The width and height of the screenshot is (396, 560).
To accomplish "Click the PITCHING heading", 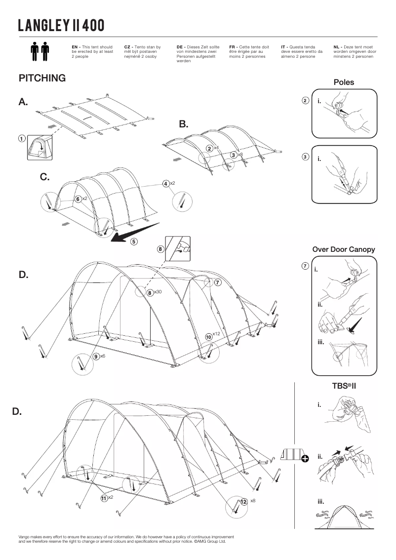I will pyautogui.click(x=42, y=78).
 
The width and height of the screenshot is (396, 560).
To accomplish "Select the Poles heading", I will pyautogui.click(x=344, y=82).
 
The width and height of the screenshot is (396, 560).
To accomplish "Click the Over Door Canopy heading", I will pyautogui.click(x=344, y=249).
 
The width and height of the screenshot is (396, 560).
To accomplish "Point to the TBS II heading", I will pyautogui.click(x=344, y=385).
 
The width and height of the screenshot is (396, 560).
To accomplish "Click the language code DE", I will pyautogui.click(x=180, y=47).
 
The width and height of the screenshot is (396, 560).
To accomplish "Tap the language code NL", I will pyautogui.click(x=337, y=47).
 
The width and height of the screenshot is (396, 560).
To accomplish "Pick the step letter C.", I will pyautogui.click(x=44, y=177).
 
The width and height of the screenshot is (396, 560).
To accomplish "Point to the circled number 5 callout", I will pyautogui.click(x=134, y=241).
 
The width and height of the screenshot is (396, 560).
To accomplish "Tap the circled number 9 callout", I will pyautogui.click(x=95, y=356).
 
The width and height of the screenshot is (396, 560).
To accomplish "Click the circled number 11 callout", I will pyautogui.click(x=104, y=498).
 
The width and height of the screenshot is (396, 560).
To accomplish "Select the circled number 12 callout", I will pyautogui.click(x=243, y=502).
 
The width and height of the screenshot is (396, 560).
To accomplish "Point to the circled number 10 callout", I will pyautogui.click(x=208, y=336).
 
